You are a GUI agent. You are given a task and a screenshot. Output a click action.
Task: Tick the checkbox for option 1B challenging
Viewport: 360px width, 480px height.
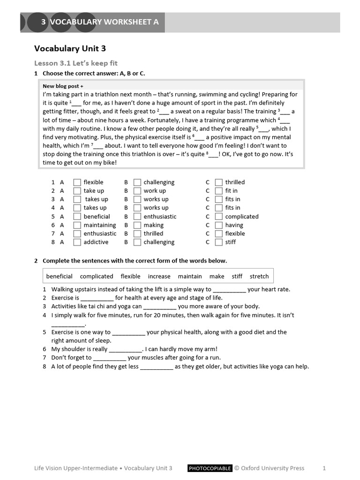point(137,182)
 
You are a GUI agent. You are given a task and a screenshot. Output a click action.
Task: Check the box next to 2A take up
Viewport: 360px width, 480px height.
point(77,191)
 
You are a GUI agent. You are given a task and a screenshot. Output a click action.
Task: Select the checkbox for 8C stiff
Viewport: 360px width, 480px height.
point(219,242)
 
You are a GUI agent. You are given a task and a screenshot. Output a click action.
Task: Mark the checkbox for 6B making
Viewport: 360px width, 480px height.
point(137,225)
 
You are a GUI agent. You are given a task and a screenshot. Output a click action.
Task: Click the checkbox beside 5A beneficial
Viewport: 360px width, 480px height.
point(77,217)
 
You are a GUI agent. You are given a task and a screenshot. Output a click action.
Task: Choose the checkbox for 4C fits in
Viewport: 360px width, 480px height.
point(219,208)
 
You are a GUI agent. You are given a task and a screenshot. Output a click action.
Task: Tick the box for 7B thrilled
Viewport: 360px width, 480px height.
point(137,233)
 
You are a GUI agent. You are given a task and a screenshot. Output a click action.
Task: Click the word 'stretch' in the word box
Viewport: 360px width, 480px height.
point(259,277)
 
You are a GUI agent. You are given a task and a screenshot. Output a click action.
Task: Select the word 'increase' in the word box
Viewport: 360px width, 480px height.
point(159,277)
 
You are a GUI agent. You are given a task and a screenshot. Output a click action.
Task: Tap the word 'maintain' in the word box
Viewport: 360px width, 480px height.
point(190,277)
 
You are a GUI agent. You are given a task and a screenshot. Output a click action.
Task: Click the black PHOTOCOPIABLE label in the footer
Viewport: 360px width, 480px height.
point(210,468)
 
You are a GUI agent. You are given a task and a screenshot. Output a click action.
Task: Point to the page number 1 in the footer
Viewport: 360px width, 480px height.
point(324,468)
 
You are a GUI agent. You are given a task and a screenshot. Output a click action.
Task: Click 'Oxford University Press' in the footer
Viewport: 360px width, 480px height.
point(272,468)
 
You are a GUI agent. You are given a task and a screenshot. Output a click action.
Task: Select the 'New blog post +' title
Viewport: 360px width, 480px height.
point(63,86)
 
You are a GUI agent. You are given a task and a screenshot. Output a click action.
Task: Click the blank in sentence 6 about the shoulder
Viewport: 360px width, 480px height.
point(125,350)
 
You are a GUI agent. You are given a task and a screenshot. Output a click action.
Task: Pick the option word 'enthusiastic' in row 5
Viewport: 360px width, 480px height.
point(160,217)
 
